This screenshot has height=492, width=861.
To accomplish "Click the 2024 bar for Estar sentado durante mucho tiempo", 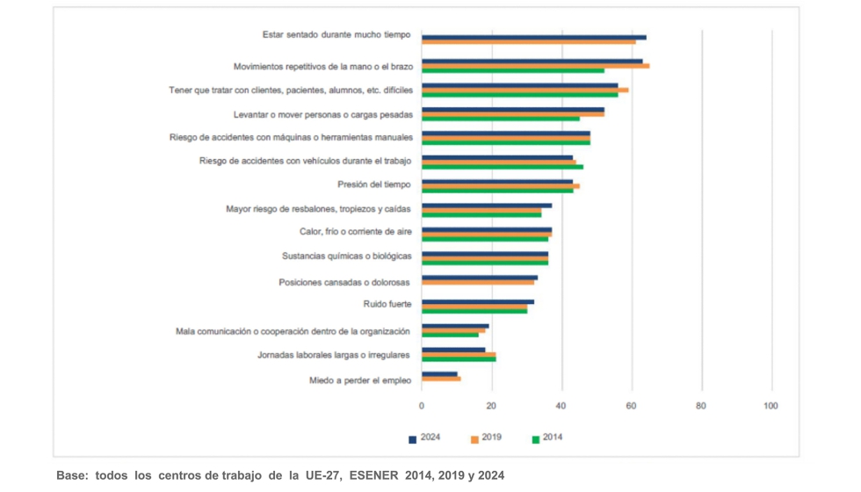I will click(533, 37).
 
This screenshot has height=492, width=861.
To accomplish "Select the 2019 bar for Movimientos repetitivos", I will click(535, 66).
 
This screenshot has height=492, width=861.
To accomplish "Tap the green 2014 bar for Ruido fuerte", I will click(474, 311).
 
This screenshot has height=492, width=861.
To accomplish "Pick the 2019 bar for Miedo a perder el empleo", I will click(441, 379).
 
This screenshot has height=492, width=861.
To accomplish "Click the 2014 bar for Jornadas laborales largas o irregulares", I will click(459, 359).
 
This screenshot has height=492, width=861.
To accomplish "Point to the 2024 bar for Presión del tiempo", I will click(497, 181).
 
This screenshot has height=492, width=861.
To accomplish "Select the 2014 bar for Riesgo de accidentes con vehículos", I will click(503, 166).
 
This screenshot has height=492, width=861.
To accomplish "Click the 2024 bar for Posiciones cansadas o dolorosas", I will click(480, 277).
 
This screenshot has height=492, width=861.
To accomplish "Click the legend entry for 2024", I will click(425, 438).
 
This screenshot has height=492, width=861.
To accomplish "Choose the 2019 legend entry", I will click(487, 438).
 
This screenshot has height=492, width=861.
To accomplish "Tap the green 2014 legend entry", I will click(547, 438).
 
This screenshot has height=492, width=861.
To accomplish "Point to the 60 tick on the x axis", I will click(632, 406).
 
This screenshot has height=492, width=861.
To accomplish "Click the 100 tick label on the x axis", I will click(771, 406).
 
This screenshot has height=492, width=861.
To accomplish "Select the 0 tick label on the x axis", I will click(422, 406).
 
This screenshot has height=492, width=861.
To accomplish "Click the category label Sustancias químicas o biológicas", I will click(346, 257).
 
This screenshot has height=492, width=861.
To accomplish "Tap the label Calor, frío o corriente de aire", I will click(355, 233).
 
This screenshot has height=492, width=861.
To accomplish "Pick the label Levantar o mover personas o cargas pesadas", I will click(322, 114).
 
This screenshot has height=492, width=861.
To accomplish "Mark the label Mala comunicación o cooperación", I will click(293, 331).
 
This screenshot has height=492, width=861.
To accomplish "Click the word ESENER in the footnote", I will click(374, 475).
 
